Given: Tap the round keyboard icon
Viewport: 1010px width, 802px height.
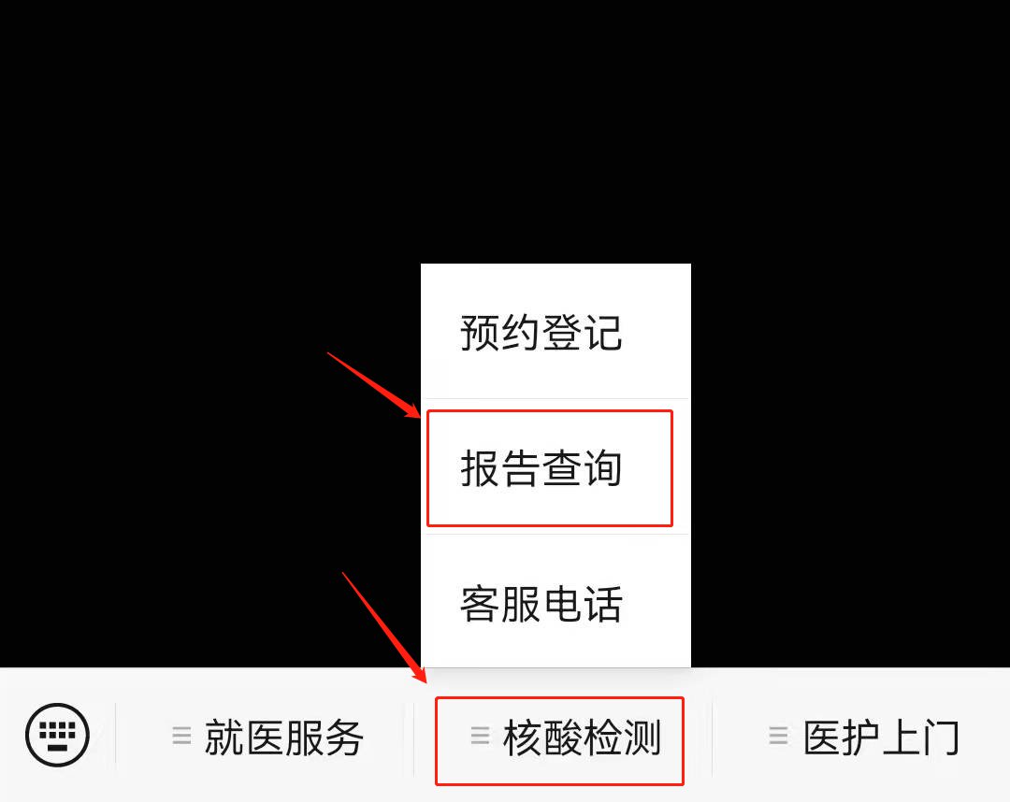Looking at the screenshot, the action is pyautogui.click(x=57, y=735).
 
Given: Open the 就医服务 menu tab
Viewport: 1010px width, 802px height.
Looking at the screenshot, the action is pyautogui.click(x=284, y=738).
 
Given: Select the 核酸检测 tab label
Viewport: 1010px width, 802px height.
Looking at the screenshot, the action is pyautogui.click(x=583, y=738).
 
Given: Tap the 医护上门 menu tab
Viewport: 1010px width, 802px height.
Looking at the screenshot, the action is pyautogui.click(x=881, y=738).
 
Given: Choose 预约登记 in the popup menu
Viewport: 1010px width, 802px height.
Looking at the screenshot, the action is pyautogui.click(x=541, y=333).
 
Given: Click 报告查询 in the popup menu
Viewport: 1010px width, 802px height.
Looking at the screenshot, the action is pyautogui.click(x=541, y=468).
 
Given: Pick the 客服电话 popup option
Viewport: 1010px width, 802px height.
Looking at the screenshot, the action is pyautogui.click(x=541, y=604).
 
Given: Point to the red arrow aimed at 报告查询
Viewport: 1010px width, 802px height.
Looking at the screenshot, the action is pyautogui.click(x=373, y=385).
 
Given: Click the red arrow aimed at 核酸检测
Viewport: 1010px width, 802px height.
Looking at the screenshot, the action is pyautogui.click(x=384, y=627).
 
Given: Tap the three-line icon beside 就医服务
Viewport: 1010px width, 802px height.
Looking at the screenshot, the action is pyautogui.click(x=181, y=735).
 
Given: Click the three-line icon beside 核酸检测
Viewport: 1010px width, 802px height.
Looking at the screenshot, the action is pyautogui.click(x=480, y=735).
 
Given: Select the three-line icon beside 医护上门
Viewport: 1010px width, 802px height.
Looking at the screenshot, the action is pyautogui.click(x=778, y=735).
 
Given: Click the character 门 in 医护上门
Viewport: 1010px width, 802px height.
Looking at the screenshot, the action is pyautogui.click(x=941, y=738).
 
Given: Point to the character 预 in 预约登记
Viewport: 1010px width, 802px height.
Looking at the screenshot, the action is pyautogui.click(x=480, y=333).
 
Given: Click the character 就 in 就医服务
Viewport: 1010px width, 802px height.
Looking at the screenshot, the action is pyautogui.click(x=224, y=738).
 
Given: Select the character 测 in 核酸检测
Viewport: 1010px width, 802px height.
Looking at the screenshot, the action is pyautogui.click(x=642, y=738).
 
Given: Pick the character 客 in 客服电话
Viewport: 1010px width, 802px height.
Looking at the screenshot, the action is pyautogui.click(x=480, y=604).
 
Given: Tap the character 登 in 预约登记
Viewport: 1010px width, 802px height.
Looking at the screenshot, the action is pyautogui.click(x=562, y=333).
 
